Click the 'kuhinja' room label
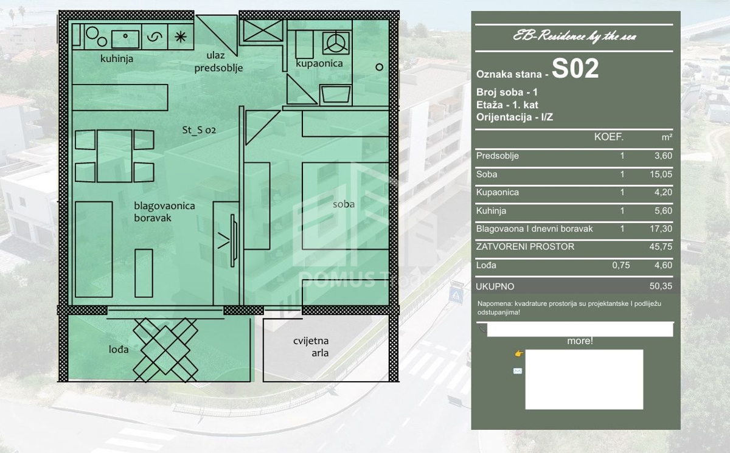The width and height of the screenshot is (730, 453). tap(117, 58)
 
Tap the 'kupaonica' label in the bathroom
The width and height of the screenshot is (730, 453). tap(319, 63)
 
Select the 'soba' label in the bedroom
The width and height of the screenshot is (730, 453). tap(344, 204)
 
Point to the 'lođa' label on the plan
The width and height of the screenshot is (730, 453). tap(119, 350)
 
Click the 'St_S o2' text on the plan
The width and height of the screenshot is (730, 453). tap(199, 130)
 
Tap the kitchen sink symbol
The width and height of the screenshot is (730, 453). tap(125, 40)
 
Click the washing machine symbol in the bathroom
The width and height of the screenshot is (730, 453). tap(336, 43)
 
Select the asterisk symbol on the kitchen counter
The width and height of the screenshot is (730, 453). tap(181, 37)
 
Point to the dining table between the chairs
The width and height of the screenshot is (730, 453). tap(114, 156)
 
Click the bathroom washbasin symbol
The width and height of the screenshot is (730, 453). tap(336, 95)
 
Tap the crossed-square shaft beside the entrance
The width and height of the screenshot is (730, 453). tap(263, 30)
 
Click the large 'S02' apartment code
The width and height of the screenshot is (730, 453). tap(575, 69)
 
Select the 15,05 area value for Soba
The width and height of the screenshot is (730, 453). tap(661, 175)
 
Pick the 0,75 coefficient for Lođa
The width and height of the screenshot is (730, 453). tap(621, 265)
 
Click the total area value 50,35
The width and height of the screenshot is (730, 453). tap(661, 286)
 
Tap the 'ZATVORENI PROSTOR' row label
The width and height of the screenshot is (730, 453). tap(525, 246)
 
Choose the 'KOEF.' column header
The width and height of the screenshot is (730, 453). tap(609, 137)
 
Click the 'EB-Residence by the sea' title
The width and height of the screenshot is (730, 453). tap(574, 36)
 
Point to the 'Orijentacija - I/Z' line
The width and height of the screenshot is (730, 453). tap(515, 117)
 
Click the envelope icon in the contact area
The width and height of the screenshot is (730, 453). tap(518, 371)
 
